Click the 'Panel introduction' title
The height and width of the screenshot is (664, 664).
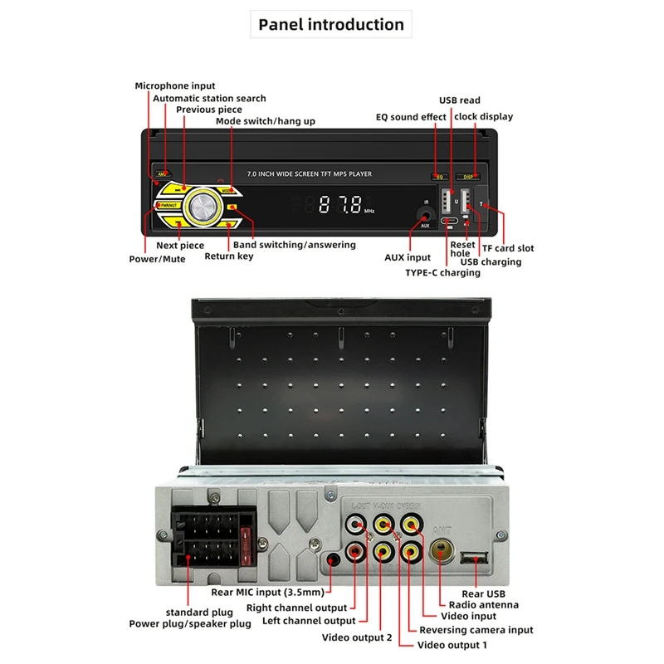331,25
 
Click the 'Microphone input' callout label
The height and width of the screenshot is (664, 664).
175,85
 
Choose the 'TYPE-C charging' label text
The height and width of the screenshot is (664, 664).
442,272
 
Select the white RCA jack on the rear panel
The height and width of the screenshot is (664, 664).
357,524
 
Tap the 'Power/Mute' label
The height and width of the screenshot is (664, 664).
158,259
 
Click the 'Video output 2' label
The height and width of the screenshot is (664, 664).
357,637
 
